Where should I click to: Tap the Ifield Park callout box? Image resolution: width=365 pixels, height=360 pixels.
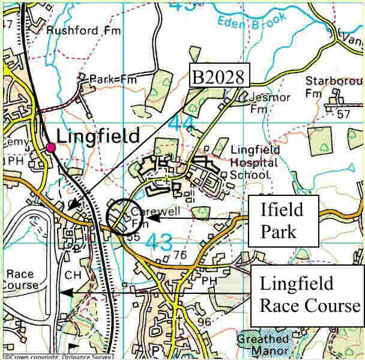(282, 220)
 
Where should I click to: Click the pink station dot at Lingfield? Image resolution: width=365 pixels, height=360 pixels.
(50, 148)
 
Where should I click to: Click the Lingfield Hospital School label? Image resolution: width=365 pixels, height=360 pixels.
(254, 162)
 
